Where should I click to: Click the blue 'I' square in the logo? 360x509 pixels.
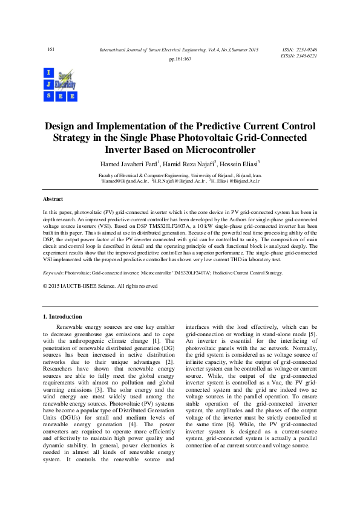coord(47,73)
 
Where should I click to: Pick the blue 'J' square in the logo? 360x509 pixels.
coord(47,84)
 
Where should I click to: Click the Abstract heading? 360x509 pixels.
coord(53,198)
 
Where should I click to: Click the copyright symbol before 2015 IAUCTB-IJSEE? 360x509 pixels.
coord(45,286)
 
